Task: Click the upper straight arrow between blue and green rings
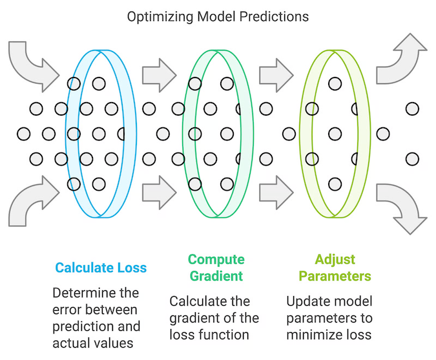[159, 67]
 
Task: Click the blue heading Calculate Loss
[101, 268]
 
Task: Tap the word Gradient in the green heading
[216, 276]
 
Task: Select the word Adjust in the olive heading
[335, 260]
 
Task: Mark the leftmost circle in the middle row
[24, 134]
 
